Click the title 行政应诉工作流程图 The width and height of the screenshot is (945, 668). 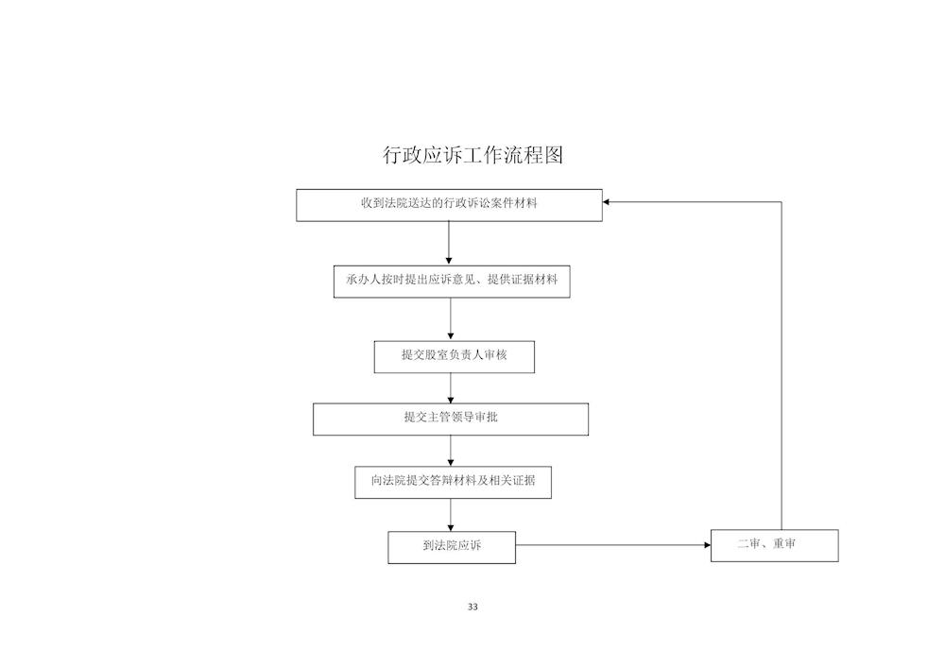(473, 155)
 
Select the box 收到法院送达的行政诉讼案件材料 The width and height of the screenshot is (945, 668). (449, 205)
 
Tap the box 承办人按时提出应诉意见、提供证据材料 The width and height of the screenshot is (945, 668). (452, 282)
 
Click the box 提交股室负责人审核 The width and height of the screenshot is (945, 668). (455, 357)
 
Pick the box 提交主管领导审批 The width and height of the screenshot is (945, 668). (451, 420)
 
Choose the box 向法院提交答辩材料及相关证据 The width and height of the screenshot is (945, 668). (454, 483)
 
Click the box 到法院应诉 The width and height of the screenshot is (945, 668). (452, 547)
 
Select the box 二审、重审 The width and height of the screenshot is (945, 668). (775, 546)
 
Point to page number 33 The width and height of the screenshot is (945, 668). (472, 607)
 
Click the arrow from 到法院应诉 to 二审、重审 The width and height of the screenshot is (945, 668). (613, 545)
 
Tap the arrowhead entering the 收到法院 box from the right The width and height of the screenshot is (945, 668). (607, 202)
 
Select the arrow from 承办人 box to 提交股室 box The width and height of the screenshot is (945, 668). (451, 319)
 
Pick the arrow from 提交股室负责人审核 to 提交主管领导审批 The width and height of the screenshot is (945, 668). (451, 388)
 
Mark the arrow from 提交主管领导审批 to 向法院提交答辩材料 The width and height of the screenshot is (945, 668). (451, 451)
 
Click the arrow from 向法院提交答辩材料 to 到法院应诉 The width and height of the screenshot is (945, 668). (451, 515)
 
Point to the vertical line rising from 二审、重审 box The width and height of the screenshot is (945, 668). (782, 366)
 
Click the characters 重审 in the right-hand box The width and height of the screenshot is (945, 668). (784, 544)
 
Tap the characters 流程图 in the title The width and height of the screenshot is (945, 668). (534, 155)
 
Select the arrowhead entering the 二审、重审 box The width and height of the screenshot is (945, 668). (707, 545)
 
